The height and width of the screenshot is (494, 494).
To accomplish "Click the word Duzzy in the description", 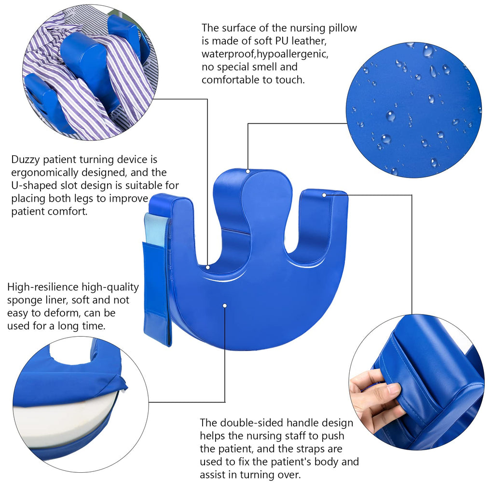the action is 25,160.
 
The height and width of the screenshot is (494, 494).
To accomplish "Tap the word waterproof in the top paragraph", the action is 228,54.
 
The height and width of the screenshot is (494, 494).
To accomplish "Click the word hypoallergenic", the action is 292,54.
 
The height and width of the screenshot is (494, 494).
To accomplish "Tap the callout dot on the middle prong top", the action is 248,171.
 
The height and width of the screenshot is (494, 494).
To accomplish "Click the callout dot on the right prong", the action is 324,195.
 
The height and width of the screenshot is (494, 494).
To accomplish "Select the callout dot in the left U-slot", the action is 208,267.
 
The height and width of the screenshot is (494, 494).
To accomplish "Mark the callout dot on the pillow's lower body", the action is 225,305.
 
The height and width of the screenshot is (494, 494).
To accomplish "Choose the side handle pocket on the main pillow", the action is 157,293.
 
